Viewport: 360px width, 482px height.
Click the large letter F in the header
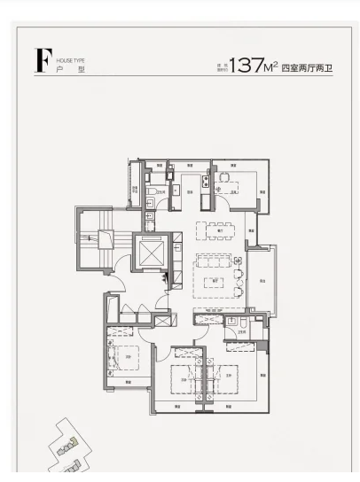click(x=40, y=61)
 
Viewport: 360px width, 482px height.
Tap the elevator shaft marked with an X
click(x=148, y=256)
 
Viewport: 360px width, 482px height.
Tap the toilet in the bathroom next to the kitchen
click(x=152, y=190)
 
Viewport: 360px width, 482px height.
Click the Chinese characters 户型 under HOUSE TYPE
click(x=69, y=69)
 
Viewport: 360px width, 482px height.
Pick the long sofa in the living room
click(x=214, y=263)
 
